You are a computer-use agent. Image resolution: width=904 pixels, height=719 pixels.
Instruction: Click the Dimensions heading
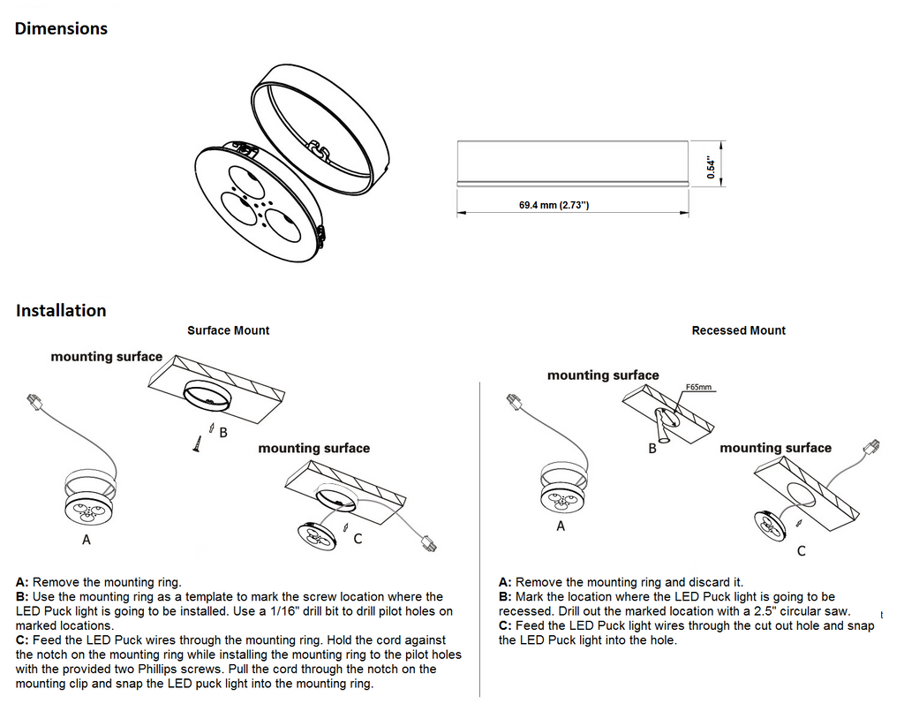pyautogui.click(x=61, y=28)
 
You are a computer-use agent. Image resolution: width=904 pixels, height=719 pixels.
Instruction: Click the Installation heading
pyautogui.click(x=61, y=311)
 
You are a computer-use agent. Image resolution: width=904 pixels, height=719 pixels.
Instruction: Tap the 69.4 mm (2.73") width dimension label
pyautogui.click(x=554, y=206)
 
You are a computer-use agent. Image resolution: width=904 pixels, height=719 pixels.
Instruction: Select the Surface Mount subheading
pyautogui.click(x=228, y=330)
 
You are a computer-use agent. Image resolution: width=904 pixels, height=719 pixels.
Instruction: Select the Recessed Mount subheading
pyautogui.click(x=738, y=330)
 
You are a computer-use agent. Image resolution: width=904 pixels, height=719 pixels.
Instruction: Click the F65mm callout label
pyautogui.click(x=698, y=387)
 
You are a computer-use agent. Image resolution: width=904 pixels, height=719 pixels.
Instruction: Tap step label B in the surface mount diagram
pyautogui.click(x=223, y=432)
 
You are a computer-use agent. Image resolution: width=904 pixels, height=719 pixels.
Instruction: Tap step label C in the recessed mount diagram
pyautogui.click(x=801, y=551)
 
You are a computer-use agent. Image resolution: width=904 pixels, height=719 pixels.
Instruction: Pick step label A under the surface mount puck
pyautogui.click(x=86, y=539)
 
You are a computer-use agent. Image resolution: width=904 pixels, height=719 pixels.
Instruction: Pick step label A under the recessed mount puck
pyautogui.click(x=561, y=526)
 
